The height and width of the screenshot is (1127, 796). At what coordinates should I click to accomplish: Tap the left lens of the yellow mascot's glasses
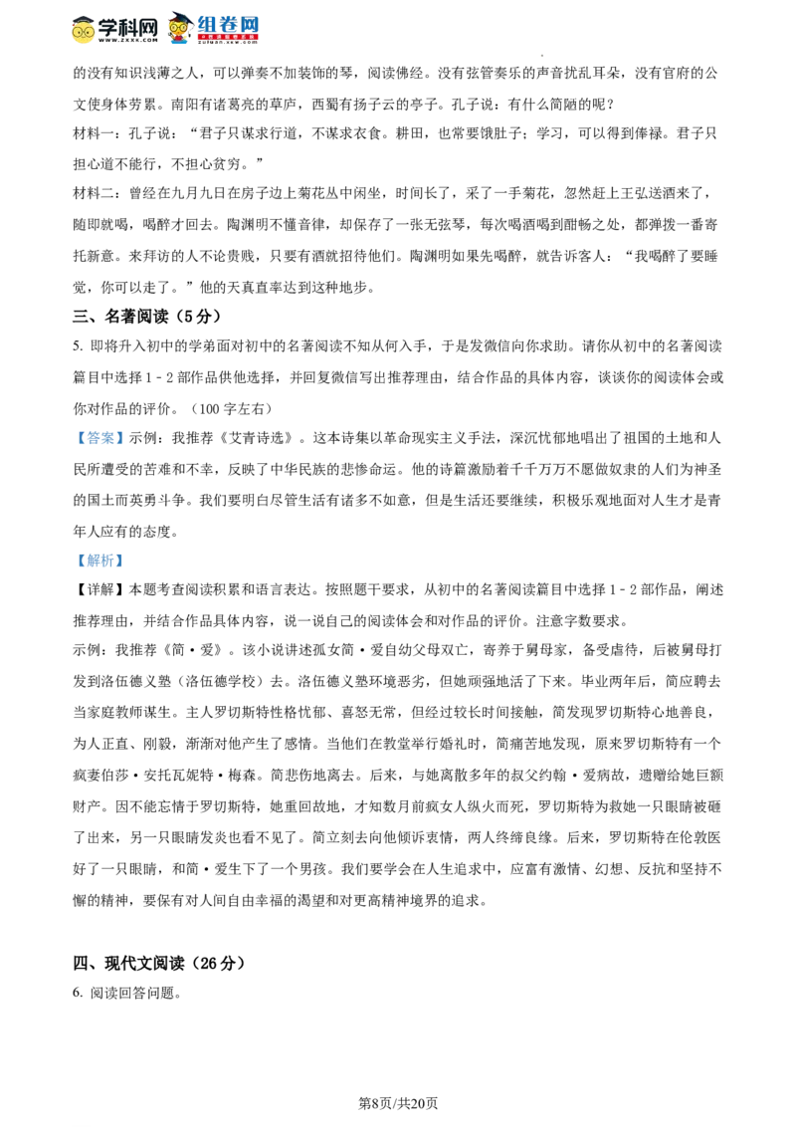coord(79,31)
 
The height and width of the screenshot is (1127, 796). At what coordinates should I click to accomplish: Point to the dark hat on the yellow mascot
coord(84,18)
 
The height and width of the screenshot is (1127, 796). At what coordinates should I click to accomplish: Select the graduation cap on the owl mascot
coord(178,16)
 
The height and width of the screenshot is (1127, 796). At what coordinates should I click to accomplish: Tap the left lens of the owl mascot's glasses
coord(174,26)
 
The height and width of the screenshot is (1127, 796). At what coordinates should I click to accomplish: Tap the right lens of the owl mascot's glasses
coord(183,26)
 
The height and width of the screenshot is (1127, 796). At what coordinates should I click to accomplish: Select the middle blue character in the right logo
coord(229,23)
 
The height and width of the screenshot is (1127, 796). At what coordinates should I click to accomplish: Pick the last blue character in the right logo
coord(251,23)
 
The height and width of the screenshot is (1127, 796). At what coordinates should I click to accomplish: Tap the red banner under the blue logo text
coord(228,37)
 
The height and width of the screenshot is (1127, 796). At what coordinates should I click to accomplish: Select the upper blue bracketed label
coord(99,438)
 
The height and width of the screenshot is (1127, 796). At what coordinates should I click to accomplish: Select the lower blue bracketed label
coord(99,562)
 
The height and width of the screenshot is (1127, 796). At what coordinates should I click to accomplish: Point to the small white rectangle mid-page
coord(287,608)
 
